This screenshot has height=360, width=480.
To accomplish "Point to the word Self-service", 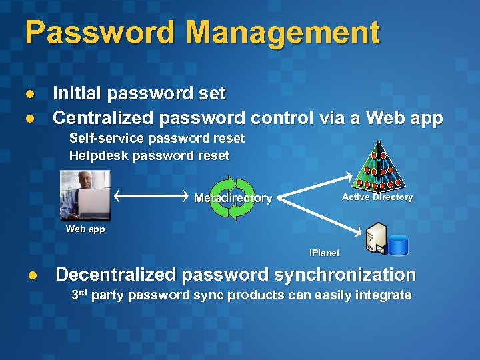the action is [107, 139].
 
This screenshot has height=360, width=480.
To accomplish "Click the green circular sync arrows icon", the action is [232, 198].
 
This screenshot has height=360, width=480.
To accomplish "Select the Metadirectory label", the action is [233, 198].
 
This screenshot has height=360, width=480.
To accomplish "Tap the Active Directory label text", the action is [377, 197].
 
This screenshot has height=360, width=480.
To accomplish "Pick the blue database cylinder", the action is [398, 245].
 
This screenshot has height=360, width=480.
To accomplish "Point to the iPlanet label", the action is [324, 253].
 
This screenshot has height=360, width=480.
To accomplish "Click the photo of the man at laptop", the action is [85, 195].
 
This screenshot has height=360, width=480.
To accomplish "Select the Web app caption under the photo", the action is [85, 229].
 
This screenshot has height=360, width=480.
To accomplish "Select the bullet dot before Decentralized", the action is [31, 275].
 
